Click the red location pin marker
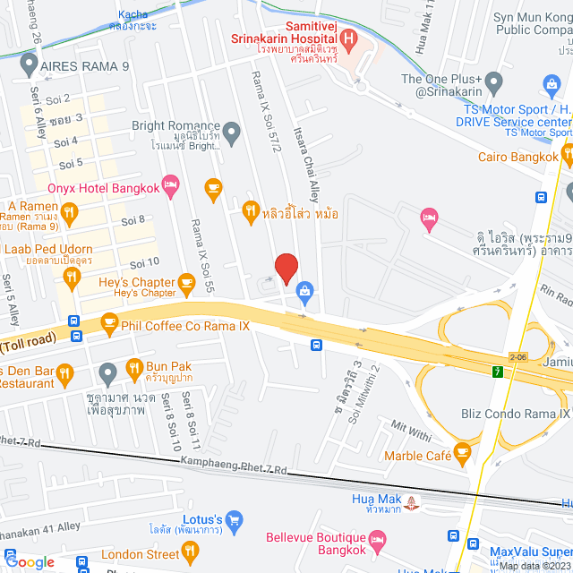[286, 269]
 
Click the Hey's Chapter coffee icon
[186, 285]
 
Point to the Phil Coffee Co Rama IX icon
[109, 321]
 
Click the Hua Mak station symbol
[411, 502]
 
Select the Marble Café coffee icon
[462, 454]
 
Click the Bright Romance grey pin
[232, 135]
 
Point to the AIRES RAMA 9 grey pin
[28, 65]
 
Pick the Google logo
[30, 561]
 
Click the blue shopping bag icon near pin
[305, 290]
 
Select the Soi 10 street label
[144, 262]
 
